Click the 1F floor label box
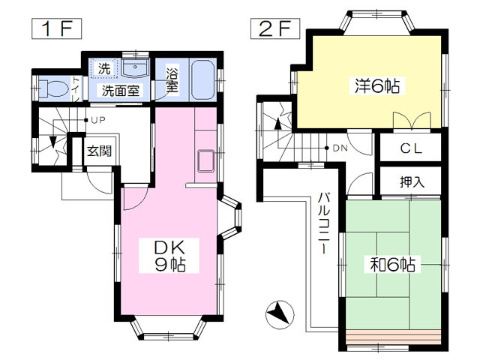click(x=57, y=28)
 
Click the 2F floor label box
click(x=275, y=28)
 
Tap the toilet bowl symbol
click(x=54, y=88)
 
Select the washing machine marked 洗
click(x=103, y=68)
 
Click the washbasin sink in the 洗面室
click(x=135, y=67)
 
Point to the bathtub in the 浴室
click(x=202, y=80)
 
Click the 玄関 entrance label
click(x=99, y=151)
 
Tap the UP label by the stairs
click(x=98, y=120)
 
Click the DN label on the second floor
click(x=340, y=148)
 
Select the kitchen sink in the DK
click(x=206, y=160)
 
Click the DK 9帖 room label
click(x=169, y=256)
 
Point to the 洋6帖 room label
click(x=377, y=85)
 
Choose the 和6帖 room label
click(x=393, y=265)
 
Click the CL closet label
click(x=411, y=148)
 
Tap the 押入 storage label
click(x=412, y=181)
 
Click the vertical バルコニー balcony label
click(x=323, y=223)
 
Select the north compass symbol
click(x=280, y=314)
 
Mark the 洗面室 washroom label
click(x=120, y=91)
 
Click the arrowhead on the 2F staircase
click(x=278, y=124)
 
